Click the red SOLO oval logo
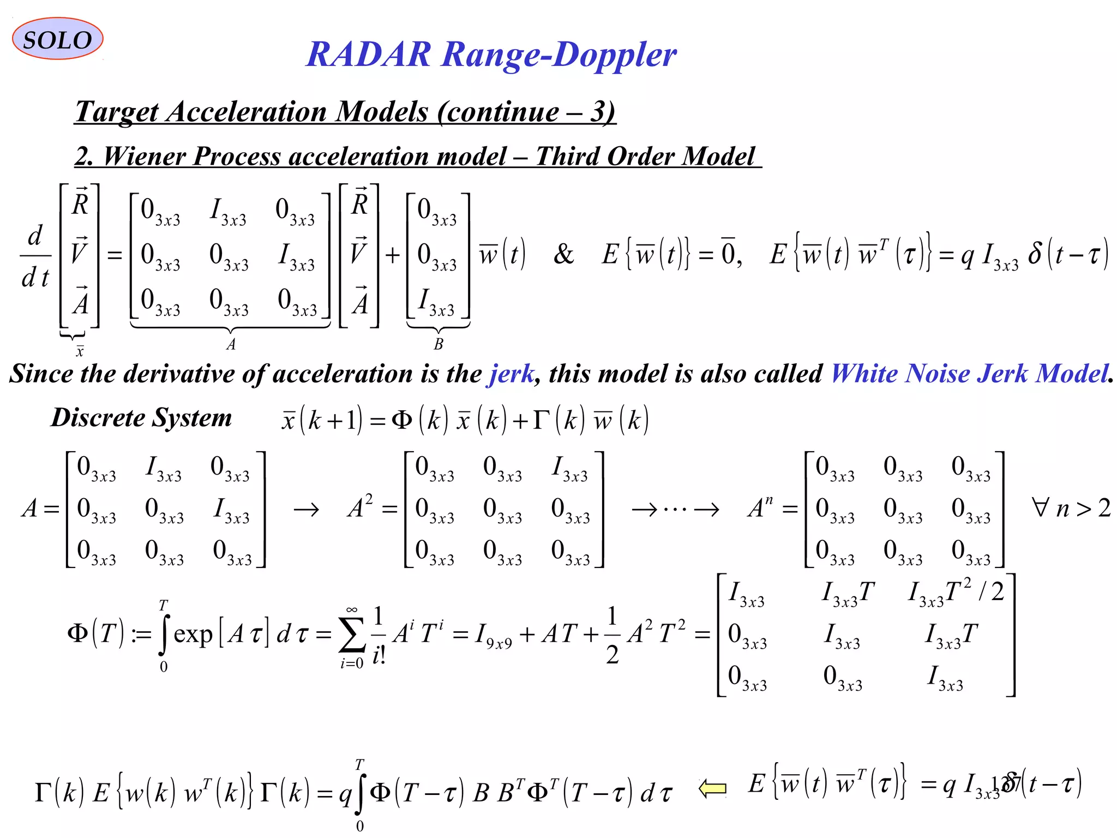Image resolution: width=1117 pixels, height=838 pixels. [57, 39]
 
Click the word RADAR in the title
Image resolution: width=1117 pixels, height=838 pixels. [369, 55]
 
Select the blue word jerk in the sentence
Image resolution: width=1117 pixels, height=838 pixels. [511, 374]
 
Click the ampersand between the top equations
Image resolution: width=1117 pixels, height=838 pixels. [563, 254]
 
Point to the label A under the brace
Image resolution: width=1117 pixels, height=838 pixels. [231, 344]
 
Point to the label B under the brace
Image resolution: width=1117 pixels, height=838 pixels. [439, 344]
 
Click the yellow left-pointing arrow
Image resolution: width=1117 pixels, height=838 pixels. [712, 788]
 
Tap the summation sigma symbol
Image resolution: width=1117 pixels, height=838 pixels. [352, 636]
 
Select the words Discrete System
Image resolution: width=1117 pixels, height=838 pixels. [141, 418]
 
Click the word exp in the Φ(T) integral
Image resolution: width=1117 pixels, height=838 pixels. [193, 635]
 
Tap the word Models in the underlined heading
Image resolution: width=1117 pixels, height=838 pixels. [381, 112]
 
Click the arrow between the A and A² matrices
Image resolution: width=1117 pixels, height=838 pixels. [306, 510]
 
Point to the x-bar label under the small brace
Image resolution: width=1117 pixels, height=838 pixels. [80, 351]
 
